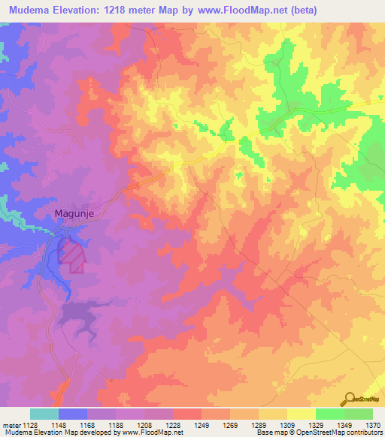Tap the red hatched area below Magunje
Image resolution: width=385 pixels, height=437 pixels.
tap(71, 255)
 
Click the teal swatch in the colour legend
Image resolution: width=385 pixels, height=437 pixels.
tap(44, 414)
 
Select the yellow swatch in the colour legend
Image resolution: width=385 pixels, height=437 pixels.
tap(301, 414)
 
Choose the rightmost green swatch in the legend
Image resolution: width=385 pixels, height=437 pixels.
tap(358, 414)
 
